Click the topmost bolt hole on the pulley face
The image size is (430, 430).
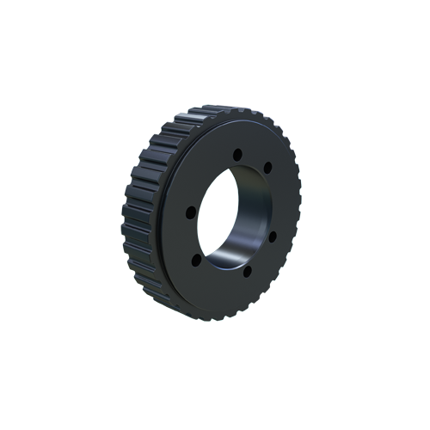pos(239,153)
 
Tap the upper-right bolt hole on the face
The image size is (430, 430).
pos(267,166)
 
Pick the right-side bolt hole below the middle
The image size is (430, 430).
pos(273,236)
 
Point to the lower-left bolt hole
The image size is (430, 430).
pos(196,257)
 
